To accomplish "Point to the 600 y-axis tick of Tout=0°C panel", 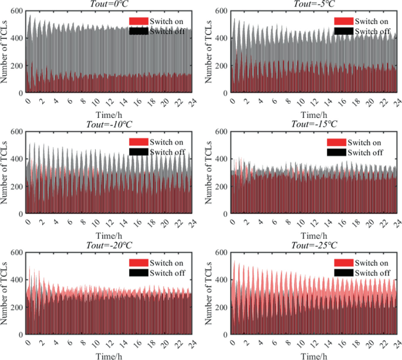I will click(x=16, y=11).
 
